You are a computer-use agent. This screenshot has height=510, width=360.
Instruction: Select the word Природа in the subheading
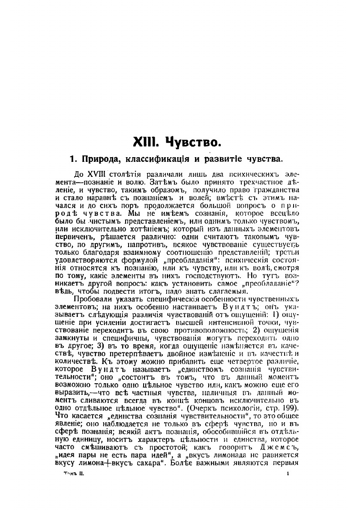pyautogui.click(x=98, y=160)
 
